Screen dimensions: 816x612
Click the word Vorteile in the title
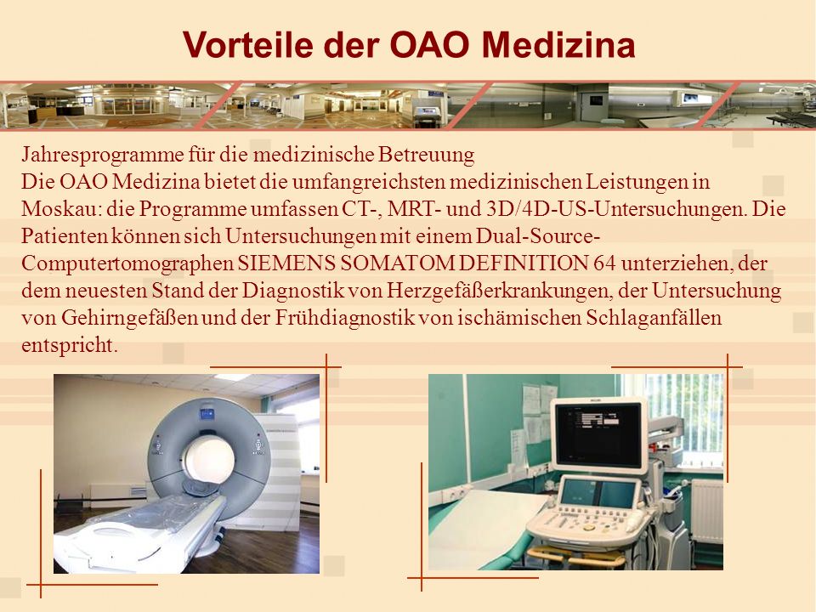pos(248,44)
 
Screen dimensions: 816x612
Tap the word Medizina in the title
pos(558,44)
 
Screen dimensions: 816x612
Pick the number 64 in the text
pos(604,263)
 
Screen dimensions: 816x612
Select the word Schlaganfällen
pos(654,317)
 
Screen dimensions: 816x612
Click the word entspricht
pos(69,345)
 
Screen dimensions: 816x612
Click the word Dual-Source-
pos(537,235)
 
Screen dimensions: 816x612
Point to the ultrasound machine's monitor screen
pos(598,434)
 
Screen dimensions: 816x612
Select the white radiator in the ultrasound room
pos(706,511)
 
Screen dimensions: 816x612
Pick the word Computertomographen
pos(127,263)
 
